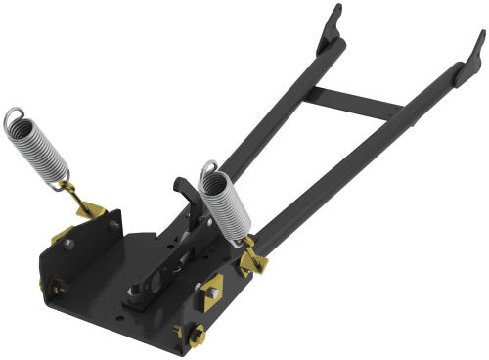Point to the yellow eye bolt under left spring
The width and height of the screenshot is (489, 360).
point(73,195)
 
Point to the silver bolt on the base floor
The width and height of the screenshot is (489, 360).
point(130,291)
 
